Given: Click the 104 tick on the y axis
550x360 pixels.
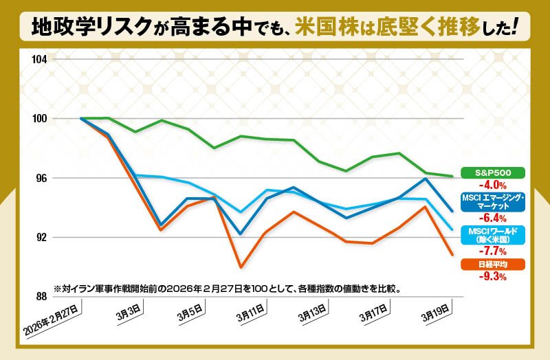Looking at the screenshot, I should (x=39, y=59).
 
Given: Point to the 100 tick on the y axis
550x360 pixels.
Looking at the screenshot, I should (x=39, y=118).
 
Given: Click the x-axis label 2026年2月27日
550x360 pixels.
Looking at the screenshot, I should (x=52, y=321).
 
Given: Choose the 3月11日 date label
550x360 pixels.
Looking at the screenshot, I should (x=249, y=317).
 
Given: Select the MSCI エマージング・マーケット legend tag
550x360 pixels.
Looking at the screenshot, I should (x=492, y=202).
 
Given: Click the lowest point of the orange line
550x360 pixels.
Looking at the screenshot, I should (x=241, y=267).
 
